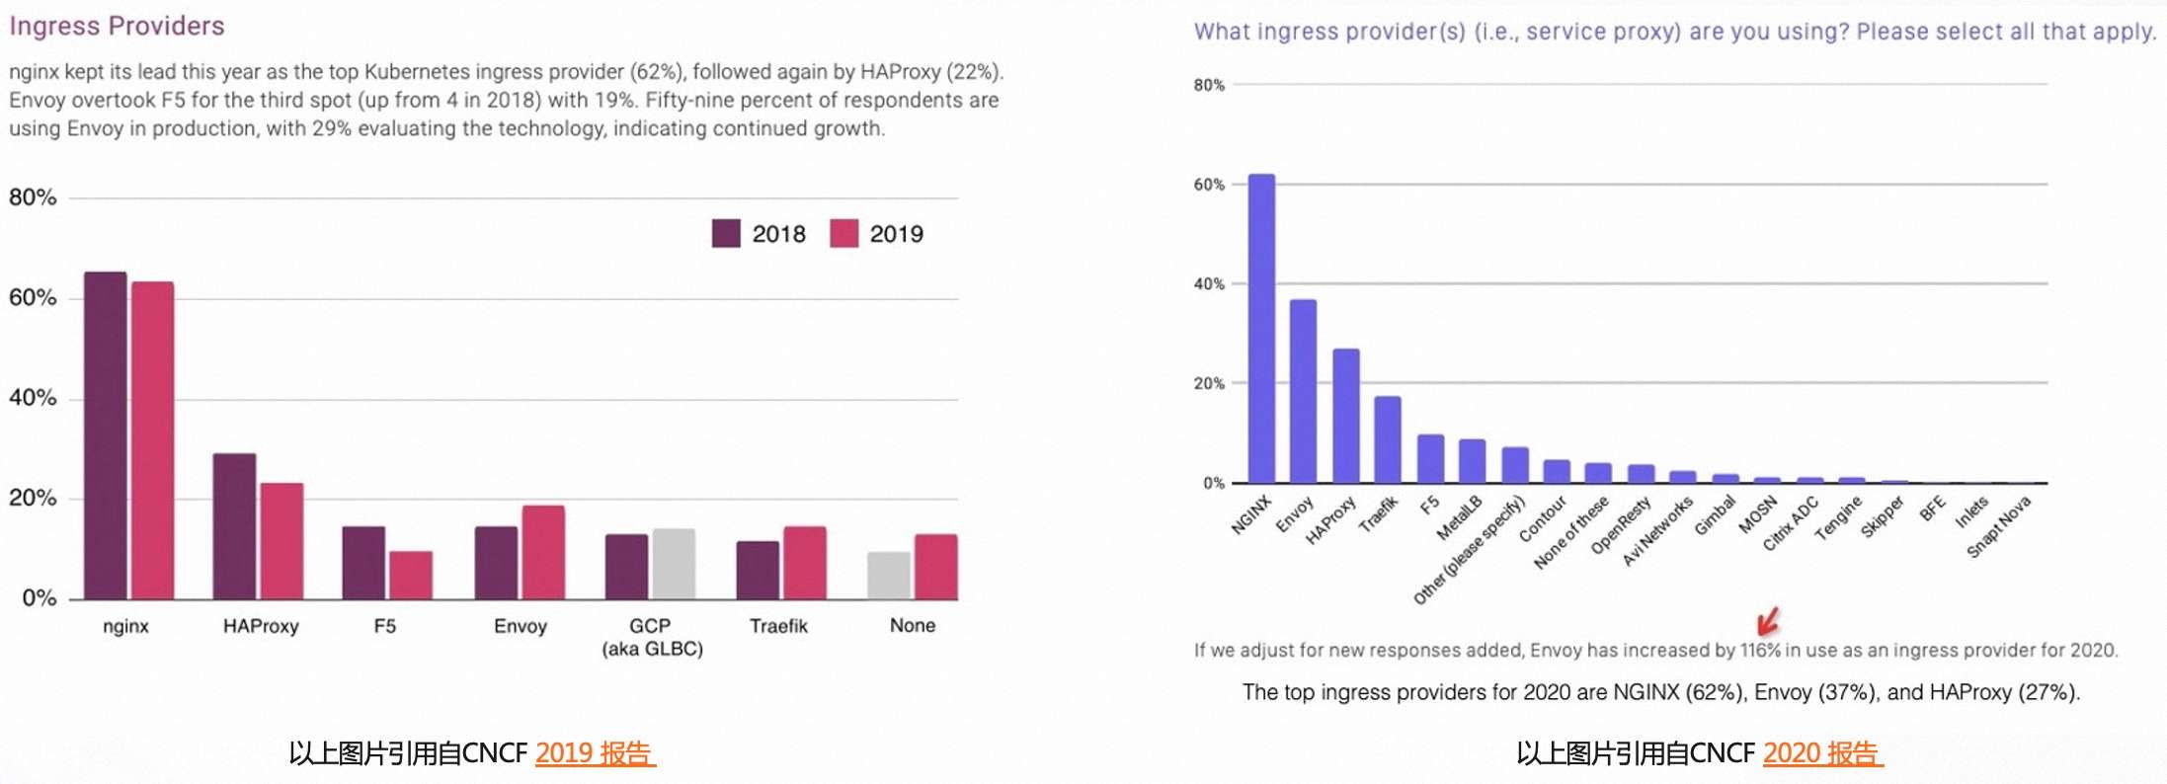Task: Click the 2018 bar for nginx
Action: click(x=105, y=435)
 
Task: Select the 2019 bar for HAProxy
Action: click(x=281, y=541)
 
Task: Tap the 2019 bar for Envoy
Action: click(x=543, y=552)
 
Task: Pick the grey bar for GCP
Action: click(x=674, y=564)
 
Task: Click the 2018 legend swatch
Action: click(x=726, y=234)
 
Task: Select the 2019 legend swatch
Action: click(x=843, y=234)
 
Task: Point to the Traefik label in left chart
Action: click(x=778, y=626)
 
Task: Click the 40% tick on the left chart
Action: click(x=33, y=398)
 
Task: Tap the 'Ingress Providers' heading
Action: click(x=117, y=26)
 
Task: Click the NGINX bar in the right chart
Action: click(x=1261, y=329)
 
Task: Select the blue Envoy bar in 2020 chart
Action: click(x=1303, y=391)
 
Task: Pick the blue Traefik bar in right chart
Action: click(x=1388, y=439)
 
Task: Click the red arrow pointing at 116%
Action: click(x=1768, y=622)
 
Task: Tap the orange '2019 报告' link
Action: click(x=595, y=753)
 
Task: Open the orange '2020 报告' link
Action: click(x=1822, y=753)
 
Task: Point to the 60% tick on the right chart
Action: click(x=1208, y=185)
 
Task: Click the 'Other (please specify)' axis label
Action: click(x=1469, y=550)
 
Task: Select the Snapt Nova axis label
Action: click(x=1998, y=526)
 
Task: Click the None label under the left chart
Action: click(x=912, y=625)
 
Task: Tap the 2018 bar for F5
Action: click(x=363, y=563)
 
